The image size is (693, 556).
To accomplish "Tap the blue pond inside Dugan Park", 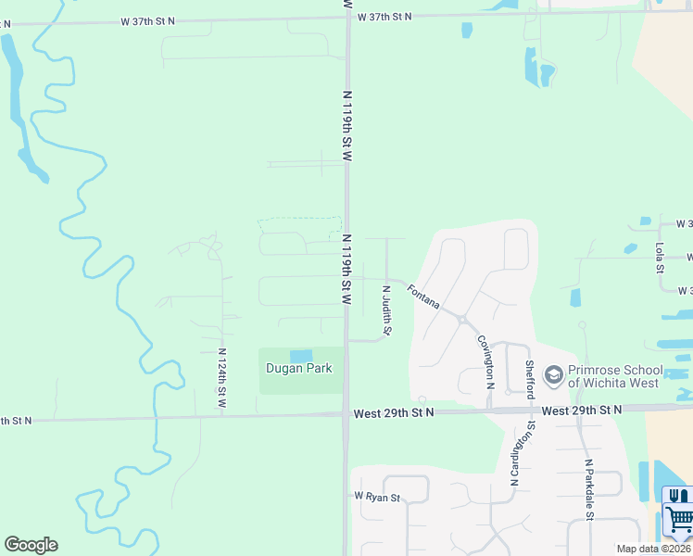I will point(301,356).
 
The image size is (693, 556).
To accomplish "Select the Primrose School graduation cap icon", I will point(554,375).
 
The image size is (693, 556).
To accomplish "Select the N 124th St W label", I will point(222,378).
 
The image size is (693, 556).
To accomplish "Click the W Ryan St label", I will point(376,498).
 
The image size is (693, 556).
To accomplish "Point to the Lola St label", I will point(660,258).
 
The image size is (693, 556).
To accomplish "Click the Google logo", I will point(31,545).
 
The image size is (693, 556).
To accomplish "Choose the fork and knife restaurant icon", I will point(679,497).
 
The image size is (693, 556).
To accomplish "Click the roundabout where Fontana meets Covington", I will point(460,318).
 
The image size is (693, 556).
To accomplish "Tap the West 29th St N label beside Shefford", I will point(582,410).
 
